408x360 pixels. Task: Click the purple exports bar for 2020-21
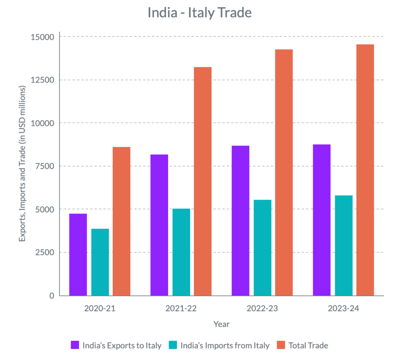[78, 255]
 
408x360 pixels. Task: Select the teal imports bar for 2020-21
[100, 262]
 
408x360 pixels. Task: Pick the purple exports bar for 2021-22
[159, 225]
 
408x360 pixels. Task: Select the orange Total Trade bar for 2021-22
[203, 182]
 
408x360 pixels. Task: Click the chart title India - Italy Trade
[200, 13]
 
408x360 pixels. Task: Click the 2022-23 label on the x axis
[262, 309]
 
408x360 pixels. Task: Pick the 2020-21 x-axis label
[100, 309]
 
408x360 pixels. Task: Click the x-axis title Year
[222, 324]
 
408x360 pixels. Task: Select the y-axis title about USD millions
[23, 163]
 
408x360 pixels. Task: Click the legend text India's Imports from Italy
[225, 345]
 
